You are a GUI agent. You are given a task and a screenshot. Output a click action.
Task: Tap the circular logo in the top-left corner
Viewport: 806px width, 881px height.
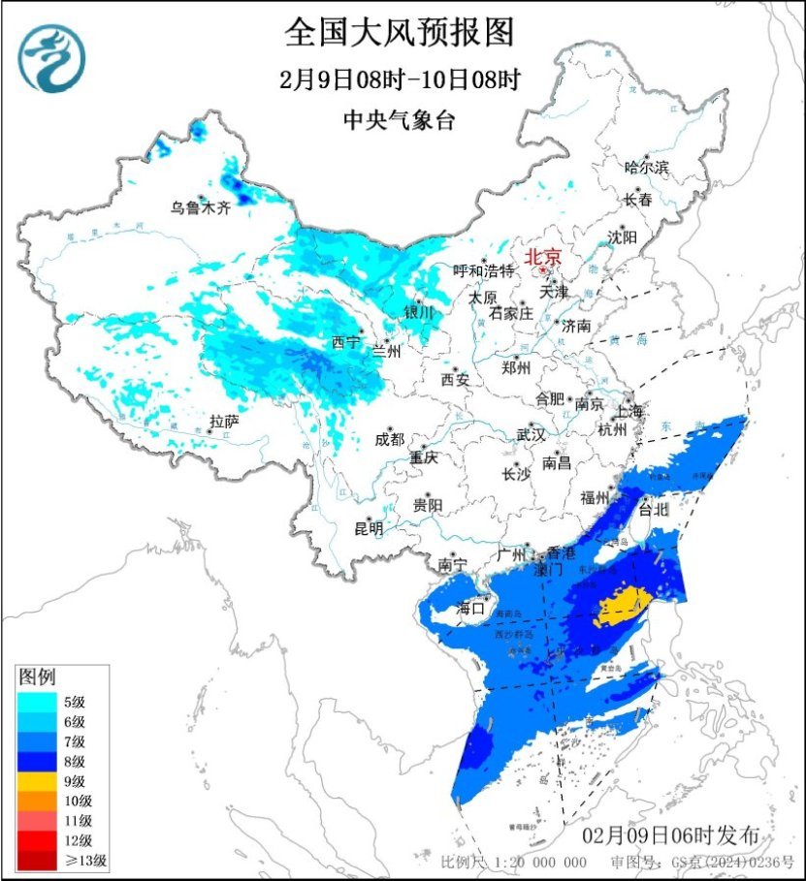(53, 59)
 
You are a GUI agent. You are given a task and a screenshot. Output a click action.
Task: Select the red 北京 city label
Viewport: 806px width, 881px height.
(542, 258)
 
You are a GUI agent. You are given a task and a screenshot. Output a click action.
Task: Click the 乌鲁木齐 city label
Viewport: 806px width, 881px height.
(201, 206)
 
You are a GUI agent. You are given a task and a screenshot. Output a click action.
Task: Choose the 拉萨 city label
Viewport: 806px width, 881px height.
(224, 422)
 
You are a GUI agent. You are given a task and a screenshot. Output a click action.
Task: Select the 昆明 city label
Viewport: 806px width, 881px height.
(369, 528)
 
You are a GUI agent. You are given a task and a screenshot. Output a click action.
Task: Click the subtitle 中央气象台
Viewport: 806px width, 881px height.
(399, 120)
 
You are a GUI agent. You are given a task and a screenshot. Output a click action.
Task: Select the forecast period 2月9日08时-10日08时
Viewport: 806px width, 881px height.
(399, 80)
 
